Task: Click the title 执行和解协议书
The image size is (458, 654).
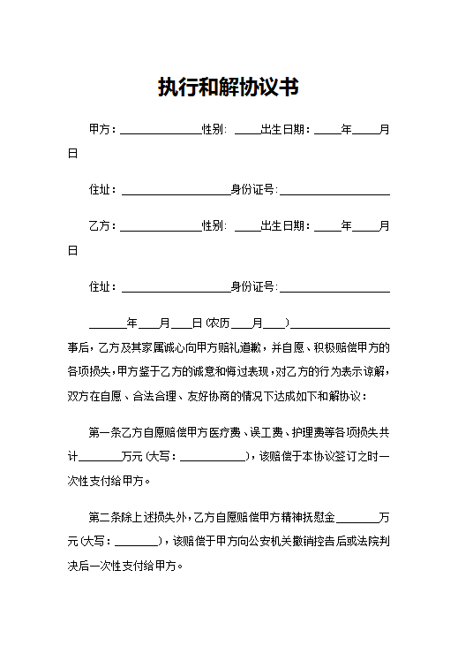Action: coord(228,87)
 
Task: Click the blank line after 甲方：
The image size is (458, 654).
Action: coord(160,129)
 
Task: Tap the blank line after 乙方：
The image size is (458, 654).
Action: coord(160,226)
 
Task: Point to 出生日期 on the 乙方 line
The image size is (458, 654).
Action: coord(285,226)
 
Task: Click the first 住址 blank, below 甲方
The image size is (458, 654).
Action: coord(175,190)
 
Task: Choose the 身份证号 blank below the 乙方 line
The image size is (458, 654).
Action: coord(334,287)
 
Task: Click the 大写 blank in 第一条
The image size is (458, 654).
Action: coord(214,458)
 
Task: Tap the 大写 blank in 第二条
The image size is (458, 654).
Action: coord(136,542)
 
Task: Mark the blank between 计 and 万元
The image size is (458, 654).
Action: coord(101,458)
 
